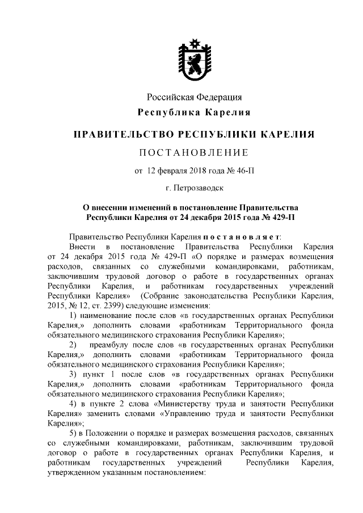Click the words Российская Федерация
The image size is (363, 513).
point(195,97)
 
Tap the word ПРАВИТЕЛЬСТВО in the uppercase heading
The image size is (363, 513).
point(124,134)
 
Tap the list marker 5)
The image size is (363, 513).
point(73,433)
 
